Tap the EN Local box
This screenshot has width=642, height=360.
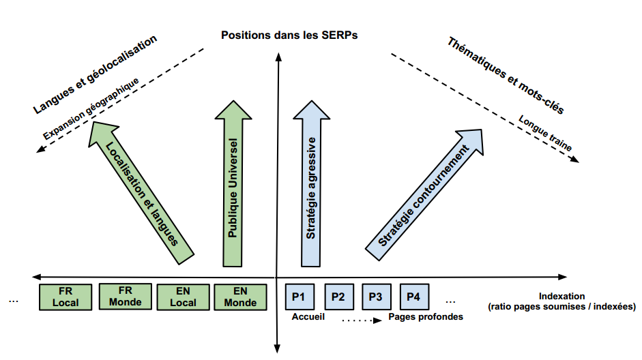183,297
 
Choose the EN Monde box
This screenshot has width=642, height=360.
240,297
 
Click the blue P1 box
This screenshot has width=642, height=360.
299,297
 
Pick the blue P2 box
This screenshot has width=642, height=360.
338,297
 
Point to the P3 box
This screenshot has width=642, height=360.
375,297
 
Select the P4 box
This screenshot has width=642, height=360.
413,297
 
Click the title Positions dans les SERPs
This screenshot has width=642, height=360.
289,34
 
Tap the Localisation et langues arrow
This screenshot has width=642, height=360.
143,191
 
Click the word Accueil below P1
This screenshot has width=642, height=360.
308,317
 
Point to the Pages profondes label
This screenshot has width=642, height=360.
426,317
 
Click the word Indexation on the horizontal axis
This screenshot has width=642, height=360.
561,296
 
